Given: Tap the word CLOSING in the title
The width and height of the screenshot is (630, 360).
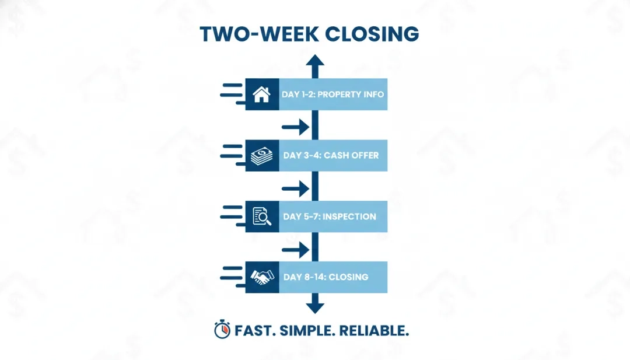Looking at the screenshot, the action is (372, 34).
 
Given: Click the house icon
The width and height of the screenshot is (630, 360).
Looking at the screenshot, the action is (261, 95).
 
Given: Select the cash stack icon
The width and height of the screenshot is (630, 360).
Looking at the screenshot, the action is (261, 156).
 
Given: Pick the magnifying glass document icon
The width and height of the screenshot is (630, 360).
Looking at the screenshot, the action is (262, 216).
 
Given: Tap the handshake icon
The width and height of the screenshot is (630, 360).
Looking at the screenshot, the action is (262, 277).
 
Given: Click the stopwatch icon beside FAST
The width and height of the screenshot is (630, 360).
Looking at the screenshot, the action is (222, 330).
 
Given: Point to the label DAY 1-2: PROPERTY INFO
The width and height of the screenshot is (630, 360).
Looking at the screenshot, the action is (332, 95).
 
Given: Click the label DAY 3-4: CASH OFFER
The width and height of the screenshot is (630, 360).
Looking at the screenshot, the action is (331, 155).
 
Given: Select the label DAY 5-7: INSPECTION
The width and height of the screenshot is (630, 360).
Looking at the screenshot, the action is (330, 216).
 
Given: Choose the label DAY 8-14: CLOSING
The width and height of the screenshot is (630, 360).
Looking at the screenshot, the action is (326, 277).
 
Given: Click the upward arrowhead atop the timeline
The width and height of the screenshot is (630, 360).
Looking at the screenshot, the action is (315, 60).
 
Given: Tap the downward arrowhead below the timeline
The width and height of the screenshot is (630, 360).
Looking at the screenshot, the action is (315, 307).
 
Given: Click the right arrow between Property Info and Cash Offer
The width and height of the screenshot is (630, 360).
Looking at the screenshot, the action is (296, 127).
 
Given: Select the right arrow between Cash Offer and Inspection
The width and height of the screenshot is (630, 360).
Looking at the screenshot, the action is (296, 188).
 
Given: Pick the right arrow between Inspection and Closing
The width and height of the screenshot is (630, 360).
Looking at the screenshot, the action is (296, 250).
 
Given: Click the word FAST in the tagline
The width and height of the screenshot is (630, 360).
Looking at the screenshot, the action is (255, 331).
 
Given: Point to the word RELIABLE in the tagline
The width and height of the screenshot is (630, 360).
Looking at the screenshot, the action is (374, 331).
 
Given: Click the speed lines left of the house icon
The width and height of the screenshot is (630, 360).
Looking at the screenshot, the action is (233, 95).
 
